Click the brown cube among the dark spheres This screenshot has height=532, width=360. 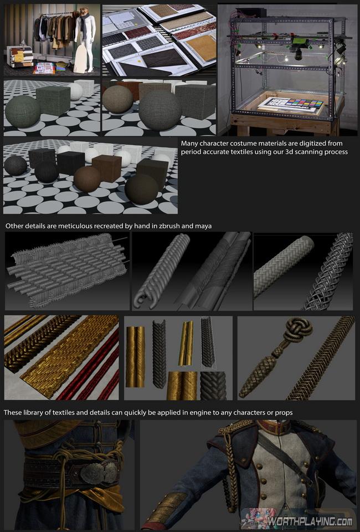click(106, 168)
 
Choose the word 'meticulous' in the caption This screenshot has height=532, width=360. click(75, 226)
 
